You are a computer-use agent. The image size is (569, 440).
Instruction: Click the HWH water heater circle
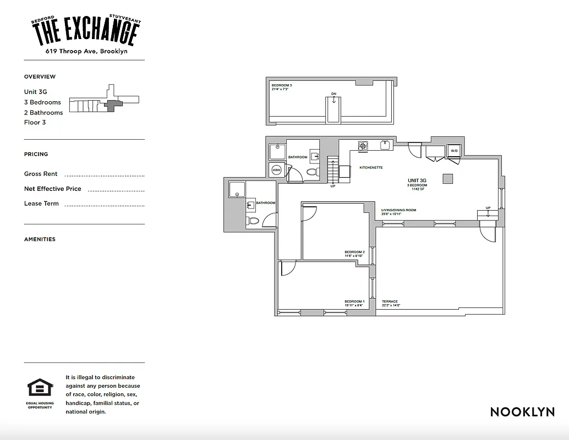point(276,170)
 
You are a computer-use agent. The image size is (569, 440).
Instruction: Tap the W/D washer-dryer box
point(454,151)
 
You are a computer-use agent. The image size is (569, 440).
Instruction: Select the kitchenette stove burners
point(363,146)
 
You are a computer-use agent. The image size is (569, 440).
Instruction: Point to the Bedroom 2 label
point(354,254)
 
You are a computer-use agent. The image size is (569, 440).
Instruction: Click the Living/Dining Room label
point(398,211)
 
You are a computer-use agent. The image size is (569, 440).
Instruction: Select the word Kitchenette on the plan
point(371,167)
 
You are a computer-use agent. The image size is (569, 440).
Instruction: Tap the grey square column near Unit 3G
point(448,178)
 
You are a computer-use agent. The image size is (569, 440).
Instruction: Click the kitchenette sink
point(385,145)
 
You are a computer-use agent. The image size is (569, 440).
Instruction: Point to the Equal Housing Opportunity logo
point(40,388)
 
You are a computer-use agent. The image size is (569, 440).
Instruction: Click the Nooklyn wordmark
point(522,412)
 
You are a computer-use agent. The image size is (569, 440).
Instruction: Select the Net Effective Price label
point(52,189)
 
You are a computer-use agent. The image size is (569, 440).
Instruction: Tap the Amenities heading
point(40,239)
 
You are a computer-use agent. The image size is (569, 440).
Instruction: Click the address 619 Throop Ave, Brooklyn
point(87,51)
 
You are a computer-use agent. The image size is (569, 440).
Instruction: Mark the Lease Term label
point(41,204)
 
